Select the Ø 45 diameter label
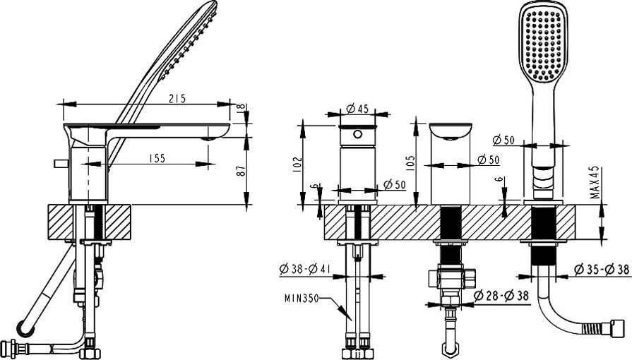coord(359,109)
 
